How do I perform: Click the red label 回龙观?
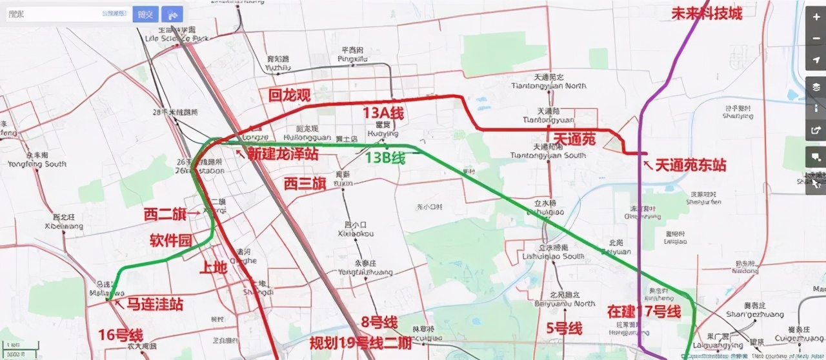click(290, 95)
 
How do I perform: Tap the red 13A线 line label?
click(383, 114)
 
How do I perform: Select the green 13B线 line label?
click(385, 157)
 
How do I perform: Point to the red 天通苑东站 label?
click(690, 166)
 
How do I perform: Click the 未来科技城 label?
click(707, 13)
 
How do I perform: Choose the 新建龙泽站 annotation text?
click(282, 154)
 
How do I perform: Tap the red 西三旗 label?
click(305, 183)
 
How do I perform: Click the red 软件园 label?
click(170, 241)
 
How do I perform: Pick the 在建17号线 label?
click(644, 312)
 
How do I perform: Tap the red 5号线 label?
click(564, 328)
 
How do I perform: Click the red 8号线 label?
click(379, 323)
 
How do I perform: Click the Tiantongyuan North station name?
click(549, 85)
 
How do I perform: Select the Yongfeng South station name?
click(37, 164)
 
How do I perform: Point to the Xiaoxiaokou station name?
click(356, 234)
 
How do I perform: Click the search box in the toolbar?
click(65, 14)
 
